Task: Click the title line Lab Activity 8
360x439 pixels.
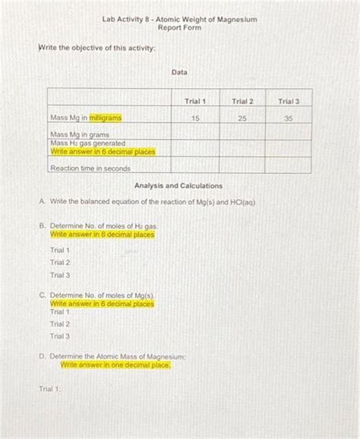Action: (x=179, y=18)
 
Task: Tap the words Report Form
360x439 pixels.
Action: (x=179, y=27)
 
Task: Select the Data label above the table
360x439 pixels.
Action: (x=179, y=72)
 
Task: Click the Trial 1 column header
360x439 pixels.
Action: (x=195, y=101)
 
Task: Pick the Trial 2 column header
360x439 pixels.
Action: (x=242, y=101)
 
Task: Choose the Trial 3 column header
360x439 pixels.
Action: (x=289, y=101)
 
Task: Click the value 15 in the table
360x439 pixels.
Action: (x=195, y=118)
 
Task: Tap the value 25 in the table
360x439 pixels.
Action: (x=242, y=118)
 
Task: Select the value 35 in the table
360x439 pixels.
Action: (x=289, y=118)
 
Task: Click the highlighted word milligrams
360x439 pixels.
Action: (x=105, y=118)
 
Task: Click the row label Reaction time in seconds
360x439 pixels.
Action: (x=90, y=168)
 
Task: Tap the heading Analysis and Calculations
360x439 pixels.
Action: (x=178, y=186)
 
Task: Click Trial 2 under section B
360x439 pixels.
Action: (x=60, y=263)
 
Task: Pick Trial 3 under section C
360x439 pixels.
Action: (x=60, y=336)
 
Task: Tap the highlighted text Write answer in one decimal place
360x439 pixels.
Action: (x=115, y=365)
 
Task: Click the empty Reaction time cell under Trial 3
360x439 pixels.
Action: (x=289, y=166)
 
